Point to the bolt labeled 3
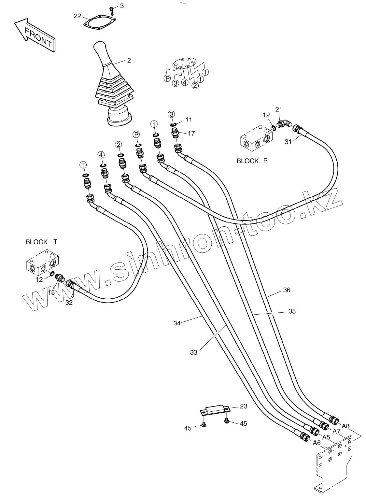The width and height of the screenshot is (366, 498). click(111, 10)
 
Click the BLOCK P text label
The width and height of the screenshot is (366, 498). click(252, 161)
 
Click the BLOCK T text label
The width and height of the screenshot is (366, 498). click(42, 242)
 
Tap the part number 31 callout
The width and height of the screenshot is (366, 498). click(288, 142)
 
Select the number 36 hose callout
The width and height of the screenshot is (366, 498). click(287, 290)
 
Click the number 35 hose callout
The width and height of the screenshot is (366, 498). click(292, 311)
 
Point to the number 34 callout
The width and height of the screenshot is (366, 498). click(177, 323)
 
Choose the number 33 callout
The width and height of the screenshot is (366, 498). click(193, 353)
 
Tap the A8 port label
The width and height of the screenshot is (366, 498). click(345, 426)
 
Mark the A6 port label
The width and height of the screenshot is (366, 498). click(317, 443)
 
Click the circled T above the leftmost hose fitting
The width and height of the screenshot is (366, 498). click(83, 165)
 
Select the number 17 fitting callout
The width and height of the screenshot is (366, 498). click(191, 134)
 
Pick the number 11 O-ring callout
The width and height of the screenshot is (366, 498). click(189, 120)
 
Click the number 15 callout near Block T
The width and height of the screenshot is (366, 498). click(51, 292)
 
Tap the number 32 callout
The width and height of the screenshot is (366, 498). click(69, 303)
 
